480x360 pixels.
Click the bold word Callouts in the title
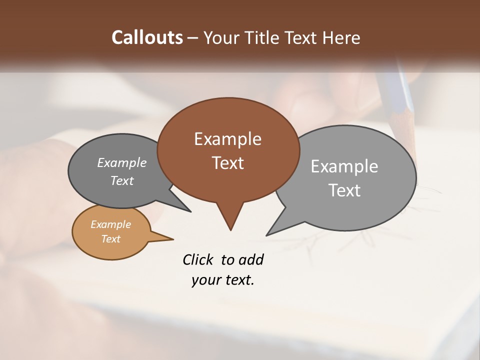[147, 37]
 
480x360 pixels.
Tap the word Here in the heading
[341, 37]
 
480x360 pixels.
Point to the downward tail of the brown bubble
[230, 220]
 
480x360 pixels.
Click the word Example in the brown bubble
[227, 139]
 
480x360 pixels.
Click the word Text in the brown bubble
[227, 163]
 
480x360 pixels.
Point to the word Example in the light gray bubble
[344, 166]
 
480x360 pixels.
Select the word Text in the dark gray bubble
[122, 180]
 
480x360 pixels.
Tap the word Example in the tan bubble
[110, 224]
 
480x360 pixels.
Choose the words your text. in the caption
[223, 280]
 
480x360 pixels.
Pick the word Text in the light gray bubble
[344, 190]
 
